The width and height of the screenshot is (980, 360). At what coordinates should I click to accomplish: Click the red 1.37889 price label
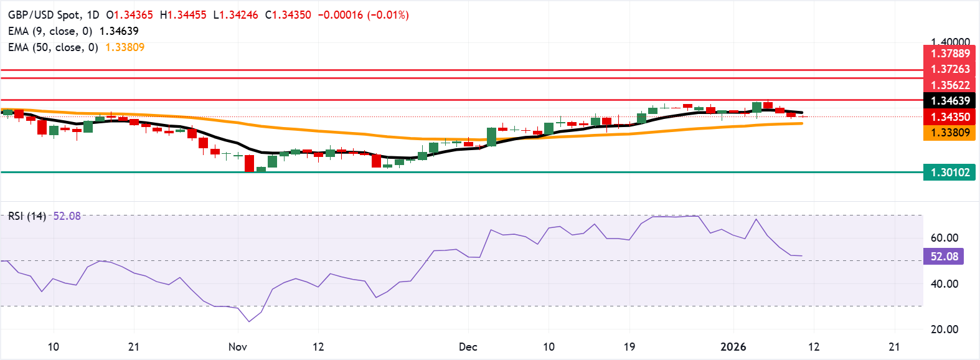coord(949,54)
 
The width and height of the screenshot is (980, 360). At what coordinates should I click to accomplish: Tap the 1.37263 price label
coord(949,69)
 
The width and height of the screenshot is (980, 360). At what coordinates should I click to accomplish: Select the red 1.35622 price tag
coord(949,85)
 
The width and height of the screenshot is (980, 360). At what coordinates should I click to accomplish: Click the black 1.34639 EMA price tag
coord(949,101)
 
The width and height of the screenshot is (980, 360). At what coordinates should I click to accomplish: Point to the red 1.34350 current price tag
coord(949,117)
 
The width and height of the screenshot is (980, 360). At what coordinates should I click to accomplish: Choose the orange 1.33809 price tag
coord(949,133)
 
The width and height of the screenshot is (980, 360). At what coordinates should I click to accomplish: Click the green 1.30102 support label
coord(949,173)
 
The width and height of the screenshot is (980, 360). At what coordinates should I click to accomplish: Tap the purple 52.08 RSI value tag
coord(944,257)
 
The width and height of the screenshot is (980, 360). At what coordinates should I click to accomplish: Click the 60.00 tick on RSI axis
coord(944,238)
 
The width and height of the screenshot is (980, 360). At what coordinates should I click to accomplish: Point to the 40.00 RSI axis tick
coord(944,284)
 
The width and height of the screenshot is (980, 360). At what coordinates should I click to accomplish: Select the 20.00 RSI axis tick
coord(944,329)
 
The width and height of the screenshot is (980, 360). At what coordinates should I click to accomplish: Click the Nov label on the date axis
coord(238,347)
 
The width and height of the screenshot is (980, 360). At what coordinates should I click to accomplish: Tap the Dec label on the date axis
coord(468,347)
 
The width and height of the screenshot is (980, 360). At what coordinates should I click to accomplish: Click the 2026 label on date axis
coord(733,347)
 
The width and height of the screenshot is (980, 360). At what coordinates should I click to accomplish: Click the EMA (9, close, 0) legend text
coord(50,31)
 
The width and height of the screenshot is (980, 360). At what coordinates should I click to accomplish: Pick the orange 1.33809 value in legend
coord(125,47)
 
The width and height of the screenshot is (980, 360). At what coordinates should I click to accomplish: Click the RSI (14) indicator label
coord(27,216)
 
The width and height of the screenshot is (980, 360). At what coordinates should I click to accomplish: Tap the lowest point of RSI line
coord(249,321)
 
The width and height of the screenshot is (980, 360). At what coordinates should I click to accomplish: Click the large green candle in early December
coord(491,137)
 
